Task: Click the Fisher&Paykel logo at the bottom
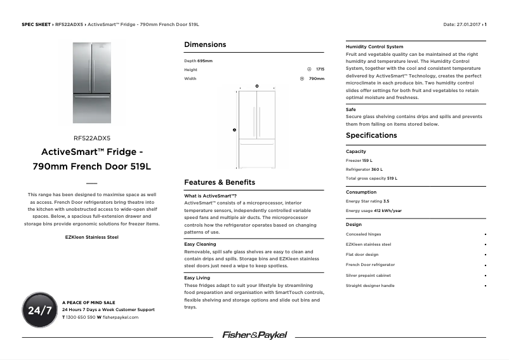[x=254, y=335]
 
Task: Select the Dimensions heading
[x=205, y=44]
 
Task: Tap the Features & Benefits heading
[x=220, y=182]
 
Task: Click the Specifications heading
[x=371, y=135]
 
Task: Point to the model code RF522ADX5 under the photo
[x=92, y=137]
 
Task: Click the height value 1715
[x=320, y=69]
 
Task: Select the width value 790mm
[x=316, y=79]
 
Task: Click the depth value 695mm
[x=205, y=60]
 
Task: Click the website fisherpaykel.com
[x=120, y=316]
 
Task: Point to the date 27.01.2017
[x=469, y=24]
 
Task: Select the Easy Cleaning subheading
[x=200, y=244]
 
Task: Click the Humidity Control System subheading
[x=374, y=46]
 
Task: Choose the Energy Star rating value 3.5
[x=386, y=201]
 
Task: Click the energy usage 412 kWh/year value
[x=387, y=211]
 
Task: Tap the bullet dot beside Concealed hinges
[x=485, y=234]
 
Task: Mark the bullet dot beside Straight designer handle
[x=485, y=286]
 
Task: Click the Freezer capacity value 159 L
[x=367, y=161]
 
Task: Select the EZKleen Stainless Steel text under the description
[x=92, y=237]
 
